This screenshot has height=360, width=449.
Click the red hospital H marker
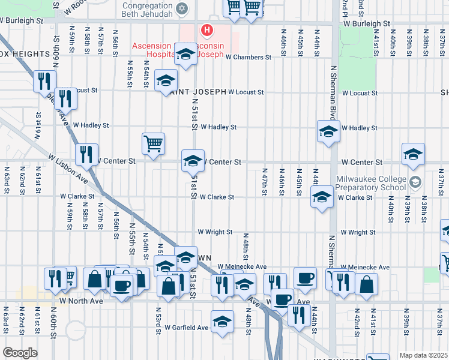tap(207, 29)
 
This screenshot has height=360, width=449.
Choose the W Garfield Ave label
tap(186, 328)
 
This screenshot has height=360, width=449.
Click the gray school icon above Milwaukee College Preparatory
tap(415, 181)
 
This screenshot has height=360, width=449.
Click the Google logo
tap(20, 353)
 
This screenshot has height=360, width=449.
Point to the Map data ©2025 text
tap(423, 355)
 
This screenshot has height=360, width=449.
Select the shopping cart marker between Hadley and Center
tap(154, 144)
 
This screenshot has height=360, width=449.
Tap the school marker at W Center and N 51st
tap(193, 161)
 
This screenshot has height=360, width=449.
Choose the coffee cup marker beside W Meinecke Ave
tap(305, 278)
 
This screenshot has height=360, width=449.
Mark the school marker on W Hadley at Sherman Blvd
tap(328, 131)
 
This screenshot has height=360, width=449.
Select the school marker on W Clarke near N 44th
tap(322, 197)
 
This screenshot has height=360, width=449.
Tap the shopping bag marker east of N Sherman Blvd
tap(366, 284)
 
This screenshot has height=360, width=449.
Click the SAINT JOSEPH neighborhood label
tap(197, 92)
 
